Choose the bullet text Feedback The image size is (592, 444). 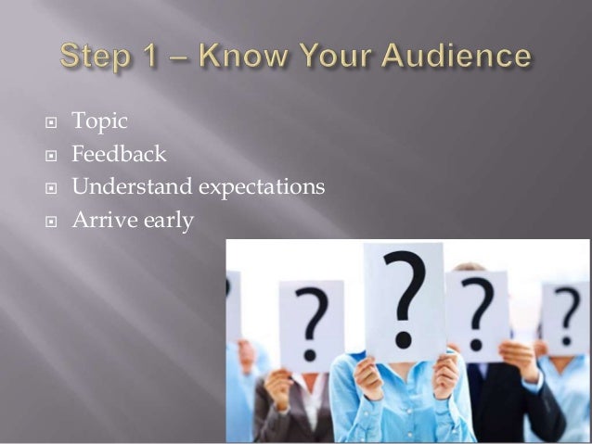pos(119,153)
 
